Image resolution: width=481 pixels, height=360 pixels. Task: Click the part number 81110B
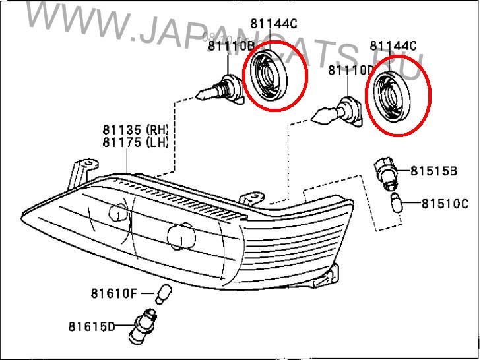(x=231, y=46)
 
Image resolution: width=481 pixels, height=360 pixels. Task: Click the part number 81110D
(x=351, y=69)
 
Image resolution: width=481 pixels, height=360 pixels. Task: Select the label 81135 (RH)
(x=135, y=129)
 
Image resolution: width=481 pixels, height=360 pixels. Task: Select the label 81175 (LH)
(x=135, y=142)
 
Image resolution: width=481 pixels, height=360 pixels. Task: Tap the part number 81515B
(x=433, y=171)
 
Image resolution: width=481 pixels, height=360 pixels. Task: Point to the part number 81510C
(x=445, y=203)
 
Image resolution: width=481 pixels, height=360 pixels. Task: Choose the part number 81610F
(x=114, y=293)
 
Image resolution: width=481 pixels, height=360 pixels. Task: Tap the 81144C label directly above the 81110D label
(x=393, y=46)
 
